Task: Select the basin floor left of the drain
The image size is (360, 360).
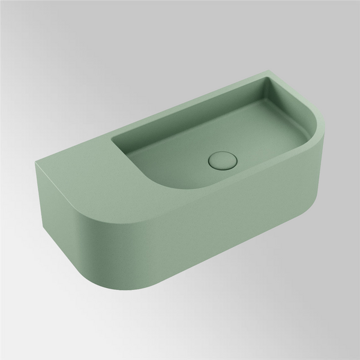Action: pos(180,153)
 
